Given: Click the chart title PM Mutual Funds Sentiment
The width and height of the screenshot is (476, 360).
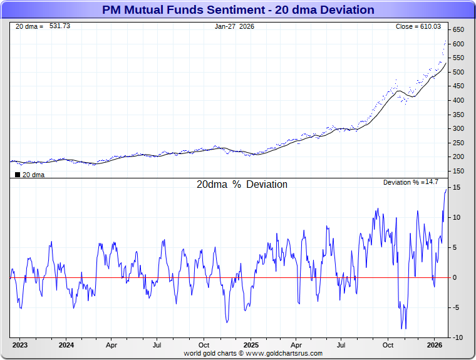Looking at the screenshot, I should point(237,10).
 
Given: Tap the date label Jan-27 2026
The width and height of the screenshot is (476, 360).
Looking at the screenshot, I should point(234,26).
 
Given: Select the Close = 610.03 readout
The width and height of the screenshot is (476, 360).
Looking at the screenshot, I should point(418,26).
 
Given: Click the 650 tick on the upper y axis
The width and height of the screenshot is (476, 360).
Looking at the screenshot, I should point(458,30).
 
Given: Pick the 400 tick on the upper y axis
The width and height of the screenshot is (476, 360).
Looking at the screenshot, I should point(458,100).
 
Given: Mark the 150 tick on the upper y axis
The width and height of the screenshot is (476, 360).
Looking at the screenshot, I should point(458,171).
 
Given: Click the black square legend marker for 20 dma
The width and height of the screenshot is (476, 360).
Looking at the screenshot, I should point(17,175).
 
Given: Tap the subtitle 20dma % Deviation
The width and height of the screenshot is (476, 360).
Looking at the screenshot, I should point(242,185).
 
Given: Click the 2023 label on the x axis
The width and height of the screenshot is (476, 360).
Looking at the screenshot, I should point(20,345).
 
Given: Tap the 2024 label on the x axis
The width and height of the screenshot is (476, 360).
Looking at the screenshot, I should point(66,345).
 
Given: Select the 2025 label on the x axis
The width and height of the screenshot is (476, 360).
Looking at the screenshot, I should point(250,345).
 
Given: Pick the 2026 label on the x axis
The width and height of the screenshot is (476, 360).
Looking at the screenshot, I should point(435,345).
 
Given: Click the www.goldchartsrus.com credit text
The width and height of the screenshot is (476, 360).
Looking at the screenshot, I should point(286,353).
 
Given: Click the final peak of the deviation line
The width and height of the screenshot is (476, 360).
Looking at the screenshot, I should point(447,189).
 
